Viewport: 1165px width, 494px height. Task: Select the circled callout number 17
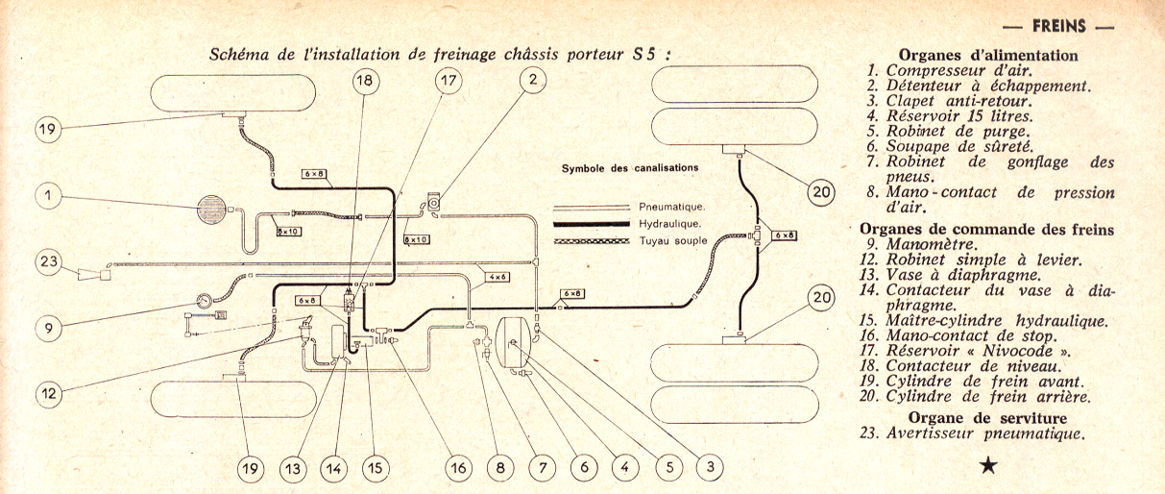449,82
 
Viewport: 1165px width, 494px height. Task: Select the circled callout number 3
709,468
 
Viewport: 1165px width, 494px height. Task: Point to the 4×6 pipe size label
497,277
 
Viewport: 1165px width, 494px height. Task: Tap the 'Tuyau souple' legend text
673,240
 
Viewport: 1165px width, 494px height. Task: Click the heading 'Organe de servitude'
987,417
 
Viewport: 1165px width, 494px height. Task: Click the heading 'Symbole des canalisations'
629,168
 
